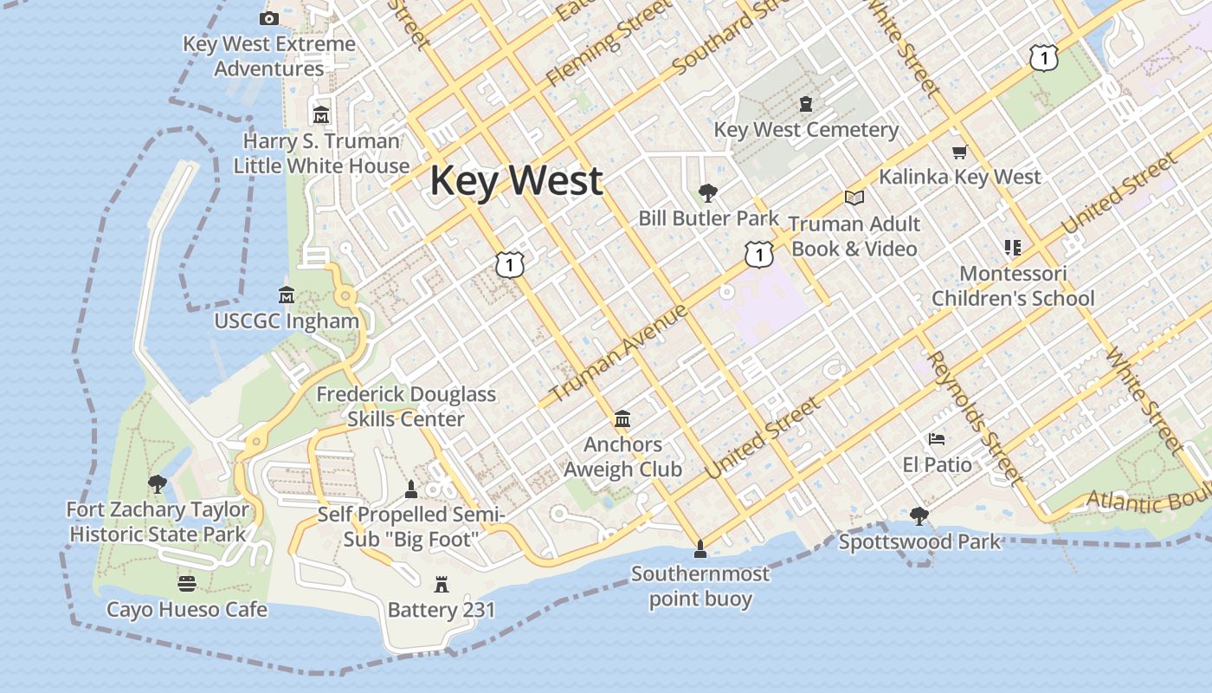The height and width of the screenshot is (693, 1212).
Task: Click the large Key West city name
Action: [x=516, y=181]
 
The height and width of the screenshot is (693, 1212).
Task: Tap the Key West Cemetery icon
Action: [x=806, y=105]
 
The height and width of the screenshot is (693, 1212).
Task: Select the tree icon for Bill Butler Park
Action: [x=708, y=192]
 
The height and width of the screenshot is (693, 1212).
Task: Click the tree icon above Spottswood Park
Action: [x=919, y=516]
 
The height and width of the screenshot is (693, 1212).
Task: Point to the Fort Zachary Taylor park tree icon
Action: [x=157, y=483]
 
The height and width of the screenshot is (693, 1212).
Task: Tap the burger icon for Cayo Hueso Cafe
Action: [x=186, y=584]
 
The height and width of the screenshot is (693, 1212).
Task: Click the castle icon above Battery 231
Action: [x=442, y=585]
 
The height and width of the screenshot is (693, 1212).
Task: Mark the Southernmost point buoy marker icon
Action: [x=700, y=548]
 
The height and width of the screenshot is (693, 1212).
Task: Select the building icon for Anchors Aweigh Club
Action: [x=622, y=420]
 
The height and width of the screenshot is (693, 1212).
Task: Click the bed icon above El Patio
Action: [x=937, y=439]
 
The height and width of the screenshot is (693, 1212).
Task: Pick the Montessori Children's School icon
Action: [x=1013, y=248]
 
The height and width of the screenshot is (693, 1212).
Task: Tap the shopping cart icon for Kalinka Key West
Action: [x=959, y=152]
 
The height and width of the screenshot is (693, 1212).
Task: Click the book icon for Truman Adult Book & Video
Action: [x=854, y=198]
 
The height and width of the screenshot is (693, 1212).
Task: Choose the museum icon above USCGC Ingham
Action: [x=287, y=295]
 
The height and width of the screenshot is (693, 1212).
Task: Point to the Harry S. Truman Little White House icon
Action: [x=321, y=114]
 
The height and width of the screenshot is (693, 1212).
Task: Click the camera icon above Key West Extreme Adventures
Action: [x=269, y=18]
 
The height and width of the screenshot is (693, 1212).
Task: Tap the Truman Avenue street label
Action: [x=619, y=353]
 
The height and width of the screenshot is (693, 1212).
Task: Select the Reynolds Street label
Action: [x=975, y=418]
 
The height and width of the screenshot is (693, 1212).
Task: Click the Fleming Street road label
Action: [x=609, y=43]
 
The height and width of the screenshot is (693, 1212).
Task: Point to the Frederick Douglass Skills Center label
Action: [x=406, y=406]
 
